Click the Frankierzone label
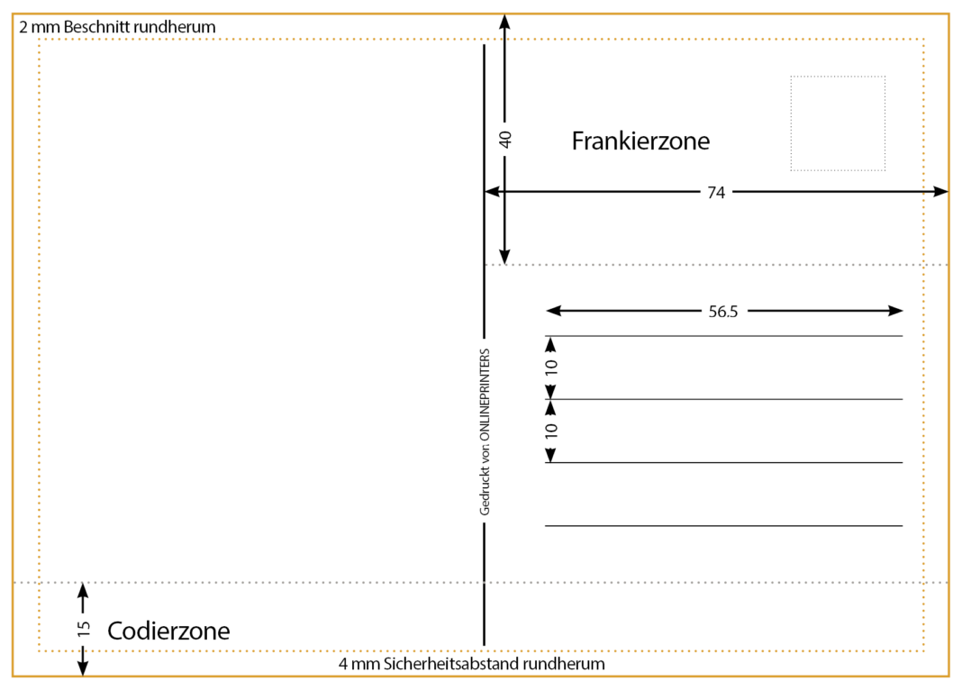click(x=640, y=141)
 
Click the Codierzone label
click(x=168, y=631)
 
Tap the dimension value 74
click(x=716, y=192)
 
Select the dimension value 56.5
click(x=722, y=312)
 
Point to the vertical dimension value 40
click(x=505, y=140)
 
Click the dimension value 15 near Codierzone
click(x=84, y=629)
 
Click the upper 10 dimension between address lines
click(x=551, y=368)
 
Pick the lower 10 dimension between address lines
click(x=551, y=431)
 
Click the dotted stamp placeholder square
click(x=838, y=123)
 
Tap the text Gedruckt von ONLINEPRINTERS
click(x=485, y=431)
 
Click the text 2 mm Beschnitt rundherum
click(x=117, y=27)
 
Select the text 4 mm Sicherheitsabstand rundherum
click(x=471, y=664)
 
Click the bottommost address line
click(x=723, y=525)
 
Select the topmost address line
click(x=723, y=336)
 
